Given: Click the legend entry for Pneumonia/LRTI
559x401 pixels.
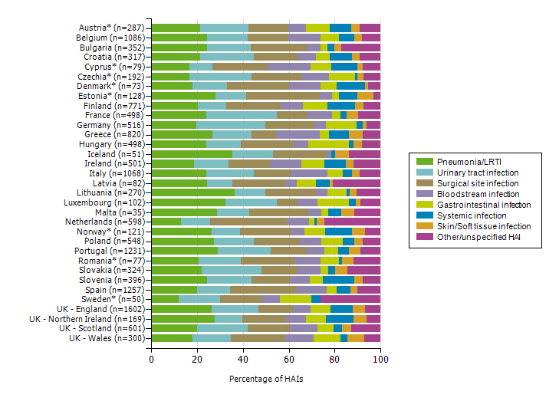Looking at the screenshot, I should (466, 162).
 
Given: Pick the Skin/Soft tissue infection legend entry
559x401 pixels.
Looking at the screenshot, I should (483, 226).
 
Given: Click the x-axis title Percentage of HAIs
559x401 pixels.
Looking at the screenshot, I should (265, 379).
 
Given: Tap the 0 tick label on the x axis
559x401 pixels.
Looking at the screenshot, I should (151, 359).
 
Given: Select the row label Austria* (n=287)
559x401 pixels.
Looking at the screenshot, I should (113, 28).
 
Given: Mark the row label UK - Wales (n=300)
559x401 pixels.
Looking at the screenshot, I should (107, 338).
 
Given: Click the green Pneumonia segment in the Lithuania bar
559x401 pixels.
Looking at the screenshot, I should (192, 192).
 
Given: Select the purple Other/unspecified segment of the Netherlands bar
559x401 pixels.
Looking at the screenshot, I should (352, 222).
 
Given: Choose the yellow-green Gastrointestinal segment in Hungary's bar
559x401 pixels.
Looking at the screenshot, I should (328, 144).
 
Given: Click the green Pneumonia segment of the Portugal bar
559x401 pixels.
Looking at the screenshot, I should (184, 251).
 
